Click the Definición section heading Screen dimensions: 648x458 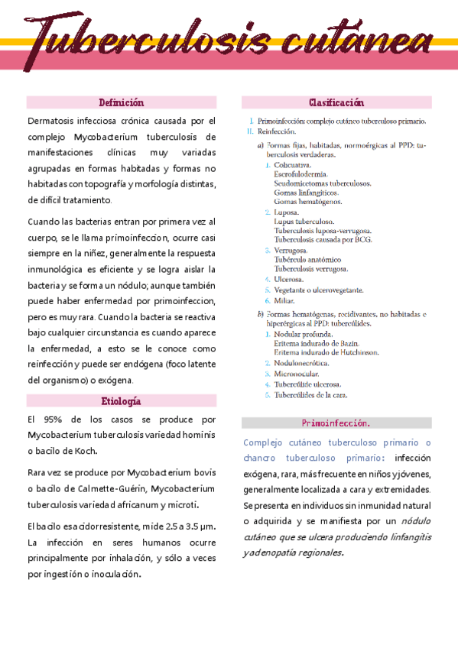point(122,102)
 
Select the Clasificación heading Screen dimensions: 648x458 point(336,102)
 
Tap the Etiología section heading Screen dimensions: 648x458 point(122,400)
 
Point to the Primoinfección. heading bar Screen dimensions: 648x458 point(336,423)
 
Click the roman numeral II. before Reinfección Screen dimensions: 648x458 point(249,131)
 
